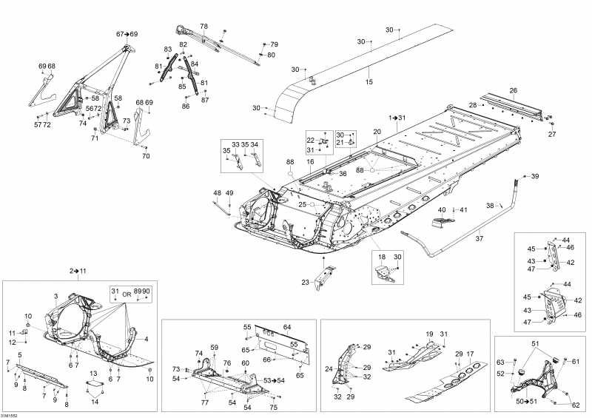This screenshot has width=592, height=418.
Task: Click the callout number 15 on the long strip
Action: click(369, 82)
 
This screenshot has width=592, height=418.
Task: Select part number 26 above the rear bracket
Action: click(512, 91)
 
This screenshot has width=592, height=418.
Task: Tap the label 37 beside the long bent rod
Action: click(479, 239)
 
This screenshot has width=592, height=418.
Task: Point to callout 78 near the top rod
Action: click(203, 26)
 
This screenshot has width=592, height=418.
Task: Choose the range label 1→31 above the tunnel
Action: click(397, 118)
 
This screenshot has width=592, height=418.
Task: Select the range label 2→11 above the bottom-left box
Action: click(78, 272)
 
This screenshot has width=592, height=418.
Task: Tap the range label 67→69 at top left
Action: click(127, 35)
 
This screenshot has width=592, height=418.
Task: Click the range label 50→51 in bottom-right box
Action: click(526, 401)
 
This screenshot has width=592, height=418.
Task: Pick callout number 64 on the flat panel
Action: click(287, 327)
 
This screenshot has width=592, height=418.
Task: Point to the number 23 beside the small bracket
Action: click(305, 282)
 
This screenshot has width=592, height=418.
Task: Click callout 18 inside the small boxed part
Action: click(382, 256)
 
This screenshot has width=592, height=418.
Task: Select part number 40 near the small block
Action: click(442, 210)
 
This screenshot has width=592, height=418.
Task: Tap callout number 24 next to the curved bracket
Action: click(329, 369)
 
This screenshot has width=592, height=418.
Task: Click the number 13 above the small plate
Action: click(93, 373)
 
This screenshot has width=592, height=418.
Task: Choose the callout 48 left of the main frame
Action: click(217, 193)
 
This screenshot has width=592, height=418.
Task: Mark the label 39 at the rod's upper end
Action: click(535, 176)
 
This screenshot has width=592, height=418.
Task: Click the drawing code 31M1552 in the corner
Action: click(10, 414)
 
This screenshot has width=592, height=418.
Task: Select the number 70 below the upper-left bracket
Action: click(146, 156)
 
